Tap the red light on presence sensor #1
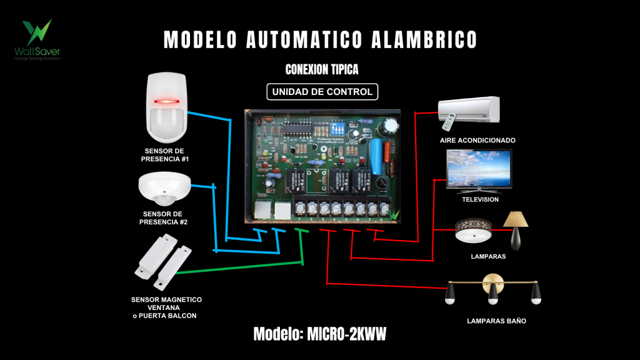pos(167,100)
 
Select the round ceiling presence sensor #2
pos(164,189)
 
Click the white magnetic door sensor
pos(163,259)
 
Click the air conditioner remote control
pos(451,116)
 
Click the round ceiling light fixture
pos(474,231)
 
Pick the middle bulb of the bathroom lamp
pos(493,294)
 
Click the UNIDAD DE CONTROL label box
pos(322,92)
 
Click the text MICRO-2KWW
pos(347,334)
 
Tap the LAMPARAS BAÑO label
pos(496,321)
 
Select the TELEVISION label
pos(480,199)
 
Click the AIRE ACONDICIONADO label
pos(477,140)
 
